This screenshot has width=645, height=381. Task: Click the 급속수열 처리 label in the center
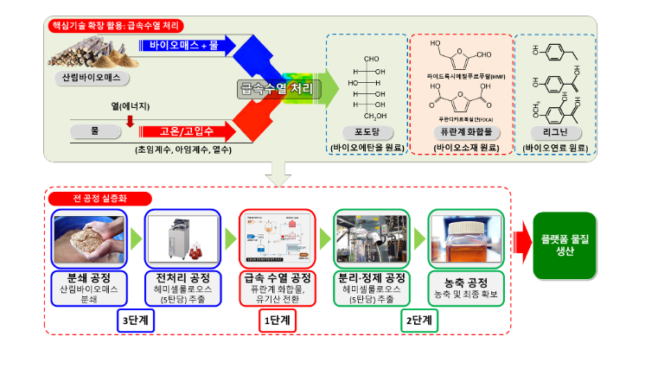[276, 87]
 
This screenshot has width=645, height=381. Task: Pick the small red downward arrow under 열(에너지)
[130, 121]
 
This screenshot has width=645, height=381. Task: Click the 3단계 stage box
[137, 320]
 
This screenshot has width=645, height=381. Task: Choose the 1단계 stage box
[277, 320]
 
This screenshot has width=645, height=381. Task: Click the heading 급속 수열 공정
[277, 277]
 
